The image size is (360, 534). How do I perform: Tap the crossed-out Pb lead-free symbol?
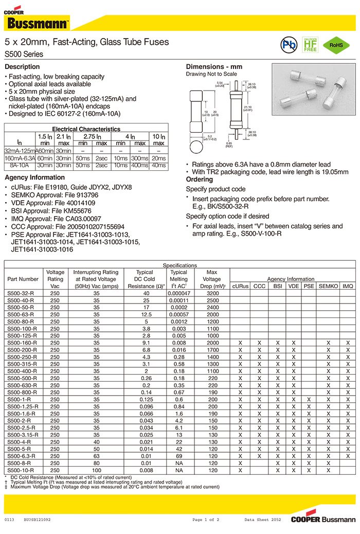pos(289,45)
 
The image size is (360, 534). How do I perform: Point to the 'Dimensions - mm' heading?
pos(214,67)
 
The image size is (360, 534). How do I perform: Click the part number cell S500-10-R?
pos(21,470)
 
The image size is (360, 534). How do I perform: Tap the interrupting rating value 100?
pos(96,470)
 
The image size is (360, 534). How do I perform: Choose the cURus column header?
pos(240,286)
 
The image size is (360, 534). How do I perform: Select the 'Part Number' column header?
pos(23,279)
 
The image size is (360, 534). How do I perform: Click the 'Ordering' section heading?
pos(199,180)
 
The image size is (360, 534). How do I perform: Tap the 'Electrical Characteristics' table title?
pos(86,129)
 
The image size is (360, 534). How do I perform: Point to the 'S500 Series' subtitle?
pos(24,54)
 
